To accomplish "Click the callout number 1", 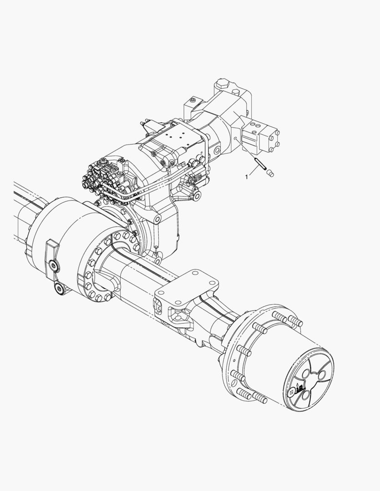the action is (x=247, y=177).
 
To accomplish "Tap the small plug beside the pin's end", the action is (x=269, y=172).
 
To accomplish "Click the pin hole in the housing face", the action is (x=235, y=138).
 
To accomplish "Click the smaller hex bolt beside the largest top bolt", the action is (x=236, y=91).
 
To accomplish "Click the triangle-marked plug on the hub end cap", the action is (x=291, y=391).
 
